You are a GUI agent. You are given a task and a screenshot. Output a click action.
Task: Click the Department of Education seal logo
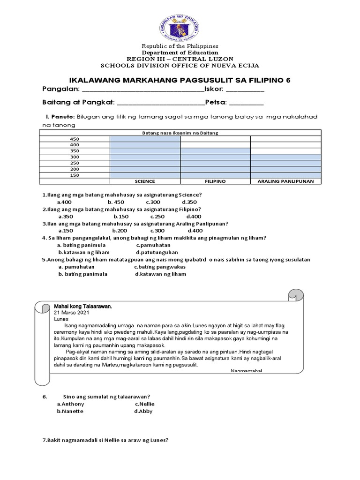coord(180,21)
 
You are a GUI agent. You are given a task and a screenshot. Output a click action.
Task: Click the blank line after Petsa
coord(246,103)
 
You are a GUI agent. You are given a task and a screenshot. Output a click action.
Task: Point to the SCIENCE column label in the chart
coord(145,181)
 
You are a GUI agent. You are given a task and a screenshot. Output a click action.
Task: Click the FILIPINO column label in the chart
coord(216,181)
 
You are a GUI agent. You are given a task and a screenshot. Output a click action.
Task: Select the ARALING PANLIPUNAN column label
coord(286,181)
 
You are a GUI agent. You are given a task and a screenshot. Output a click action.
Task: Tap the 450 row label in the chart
coord(75,139)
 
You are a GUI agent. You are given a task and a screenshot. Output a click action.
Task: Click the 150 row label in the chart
coord(75,175)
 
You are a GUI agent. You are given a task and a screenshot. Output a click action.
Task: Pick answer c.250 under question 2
coord(158,217)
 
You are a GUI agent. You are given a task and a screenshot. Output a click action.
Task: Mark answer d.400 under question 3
coord(195,231)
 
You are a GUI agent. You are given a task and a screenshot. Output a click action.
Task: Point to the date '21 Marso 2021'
coord(71,312)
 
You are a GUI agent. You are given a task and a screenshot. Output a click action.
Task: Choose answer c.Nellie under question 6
coord(145,404)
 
